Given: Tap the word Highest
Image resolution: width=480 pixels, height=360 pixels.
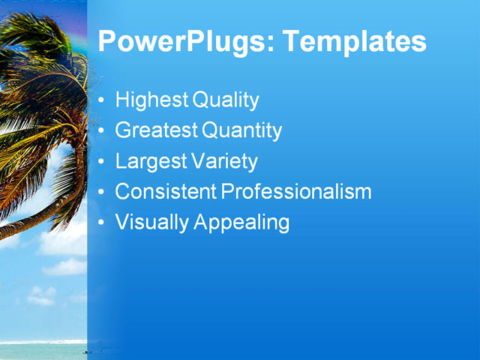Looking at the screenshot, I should click(x=151, y=100).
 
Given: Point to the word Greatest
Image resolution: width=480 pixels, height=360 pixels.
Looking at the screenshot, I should click(x=156, y=131).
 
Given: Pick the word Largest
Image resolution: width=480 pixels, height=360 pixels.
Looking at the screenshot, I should click(x=150, y=162).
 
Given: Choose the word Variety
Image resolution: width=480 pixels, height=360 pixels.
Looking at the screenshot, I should click(x=223, y=162).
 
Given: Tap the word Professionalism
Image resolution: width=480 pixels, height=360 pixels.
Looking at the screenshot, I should click(x=296, y=192).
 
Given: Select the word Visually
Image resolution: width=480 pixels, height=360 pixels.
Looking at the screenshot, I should click(x=151, y=223).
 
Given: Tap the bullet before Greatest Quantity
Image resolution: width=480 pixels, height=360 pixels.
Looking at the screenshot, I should click(x=102, y=132).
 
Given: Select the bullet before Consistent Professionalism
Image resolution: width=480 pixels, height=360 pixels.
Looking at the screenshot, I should click(x=102, y=193).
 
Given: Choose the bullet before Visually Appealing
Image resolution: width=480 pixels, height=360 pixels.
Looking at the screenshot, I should click(x=102, y=223).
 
